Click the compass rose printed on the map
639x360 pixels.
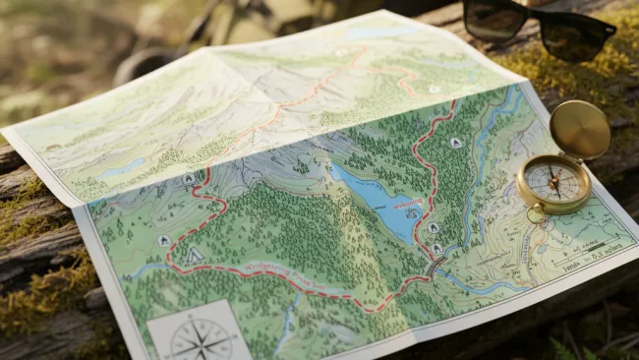[201, 337]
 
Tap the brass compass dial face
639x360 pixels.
[552, 183]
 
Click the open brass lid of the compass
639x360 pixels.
[579, 129]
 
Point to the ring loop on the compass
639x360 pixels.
[535, 213]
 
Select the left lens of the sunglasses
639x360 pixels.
[494, 19]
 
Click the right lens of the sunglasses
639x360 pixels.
[574, 37]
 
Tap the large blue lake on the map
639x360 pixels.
[378, 202]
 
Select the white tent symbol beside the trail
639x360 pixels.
[195, 255]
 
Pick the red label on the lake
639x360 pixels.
[406, 205]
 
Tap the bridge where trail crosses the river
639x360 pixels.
[434, 267]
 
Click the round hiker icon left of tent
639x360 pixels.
[163, 241]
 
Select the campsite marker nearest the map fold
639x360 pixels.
[189, 179]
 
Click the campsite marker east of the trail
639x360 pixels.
[455, 144]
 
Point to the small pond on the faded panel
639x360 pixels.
[123, 168]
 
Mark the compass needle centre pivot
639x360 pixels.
[552, 182]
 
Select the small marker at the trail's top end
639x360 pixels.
[434, 89]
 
